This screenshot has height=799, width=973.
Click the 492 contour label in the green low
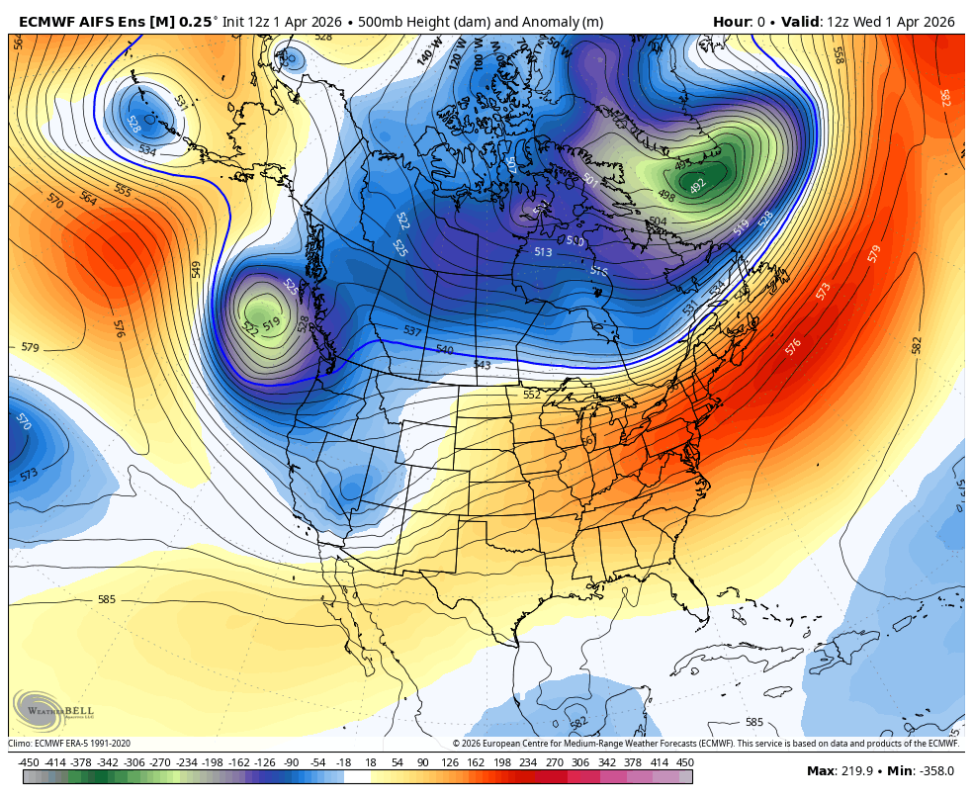click(698, 186)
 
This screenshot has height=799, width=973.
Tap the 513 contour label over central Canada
click(543, 252)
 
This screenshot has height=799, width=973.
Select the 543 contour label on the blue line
click(482, 365)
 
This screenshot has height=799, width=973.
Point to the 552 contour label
click(532, 394)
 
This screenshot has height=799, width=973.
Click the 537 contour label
click(412, 330)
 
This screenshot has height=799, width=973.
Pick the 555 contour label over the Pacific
click(123, 190)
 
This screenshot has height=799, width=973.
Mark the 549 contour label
click(196, 269)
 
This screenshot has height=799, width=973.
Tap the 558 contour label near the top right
click(838, 54)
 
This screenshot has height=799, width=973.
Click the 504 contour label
click(658, 222)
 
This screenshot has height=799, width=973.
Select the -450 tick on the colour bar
click(29, 762)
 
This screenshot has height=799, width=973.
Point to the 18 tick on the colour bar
click(371, 762)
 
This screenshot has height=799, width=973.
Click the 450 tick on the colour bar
click(684, 762)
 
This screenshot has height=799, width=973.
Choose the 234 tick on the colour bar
click(527, 762)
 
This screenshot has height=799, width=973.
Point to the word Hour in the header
click(731, 22)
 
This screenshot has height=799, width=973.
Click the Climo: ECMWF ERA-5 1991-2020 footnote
click(69, 744)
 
